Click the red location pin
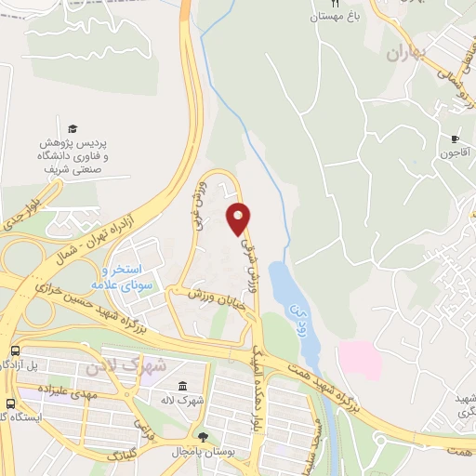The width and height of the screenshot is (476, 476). tap(239, 218)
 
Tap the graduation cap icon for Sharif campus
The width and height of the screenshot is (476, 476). tap(73, 129)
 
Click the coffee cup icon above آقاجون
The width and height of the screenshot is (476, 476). tap(454, 138)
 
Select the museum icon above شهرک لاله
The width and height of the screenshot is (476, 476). tap(182, 385)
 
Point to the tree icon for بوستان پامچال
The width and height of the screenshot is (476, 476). tap(203, 435)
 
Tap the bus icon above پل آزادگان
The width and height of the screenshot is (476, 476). tap(16, 350)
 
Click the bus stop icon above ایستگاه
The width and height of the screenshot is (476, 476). tap(9, 404)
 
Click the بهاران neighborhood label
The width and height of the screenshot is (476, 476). tap(407, 53)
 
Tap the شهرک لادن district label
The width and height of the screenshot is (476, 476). tap(125, 365)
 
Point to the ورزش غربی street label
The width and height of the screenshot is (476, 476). tap(198, 198)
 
